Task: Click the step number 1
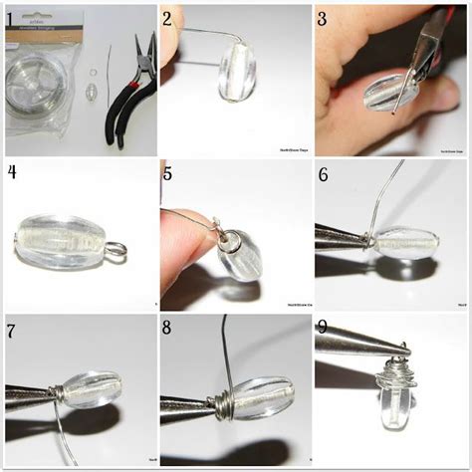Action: click(11, 19)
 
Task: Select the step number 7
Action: click(11, 329)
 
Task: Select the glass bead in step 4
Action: click(64, 239)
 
